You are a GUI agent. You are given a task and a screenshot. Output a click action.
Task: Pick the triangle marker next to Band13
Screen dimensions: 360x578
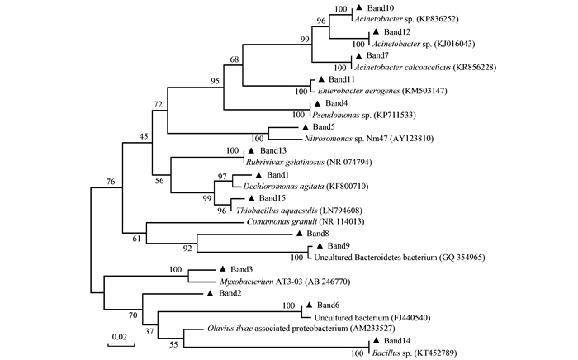click(x=251, y=151)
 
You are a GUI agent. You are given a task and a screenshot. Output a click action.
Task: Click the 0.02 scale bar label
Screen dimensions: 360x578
click(x=121, y=336)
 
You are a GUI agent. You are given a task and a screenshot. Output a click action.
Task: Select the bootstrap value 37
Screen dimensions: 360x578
click(x=149, y=333)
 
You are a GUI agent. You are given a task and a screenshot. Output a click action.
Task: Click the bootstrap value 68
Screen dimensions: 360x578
click(x=235, y=59)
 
